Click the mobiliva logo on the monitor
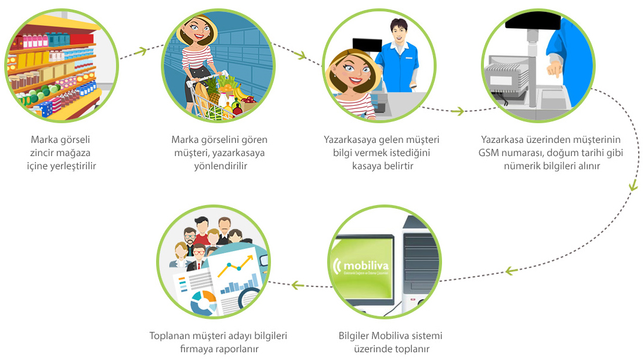[361, 266]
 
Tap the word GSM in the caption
[488, 153]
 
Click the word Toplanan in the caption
[167, 336]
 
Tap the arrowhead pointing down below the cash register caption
[633, 185]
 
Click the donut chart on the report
[203, 303]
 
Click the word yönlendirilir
[221, 166]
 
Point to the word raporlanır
[239, 349]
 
